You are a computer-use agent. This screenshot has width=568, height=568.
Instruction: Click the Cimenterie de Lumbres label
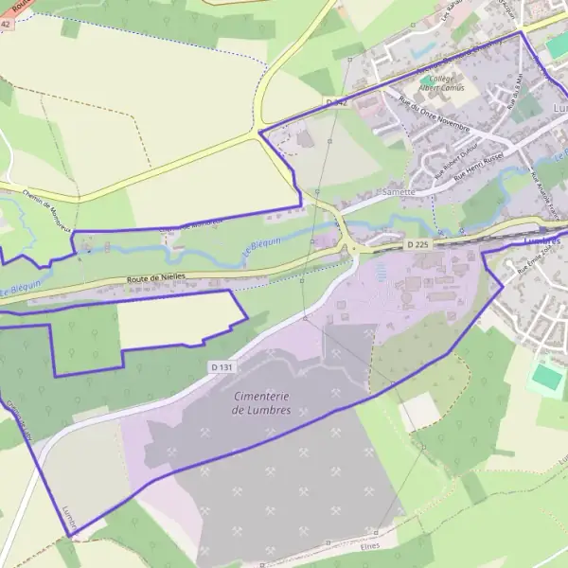(261, 402)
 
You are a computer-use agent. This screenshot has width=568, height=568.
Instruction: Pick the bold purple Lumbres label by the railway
(541, 241)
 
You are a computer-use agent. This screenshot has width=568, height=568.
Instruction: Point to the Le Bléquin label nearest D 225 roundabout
(262, 242)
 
